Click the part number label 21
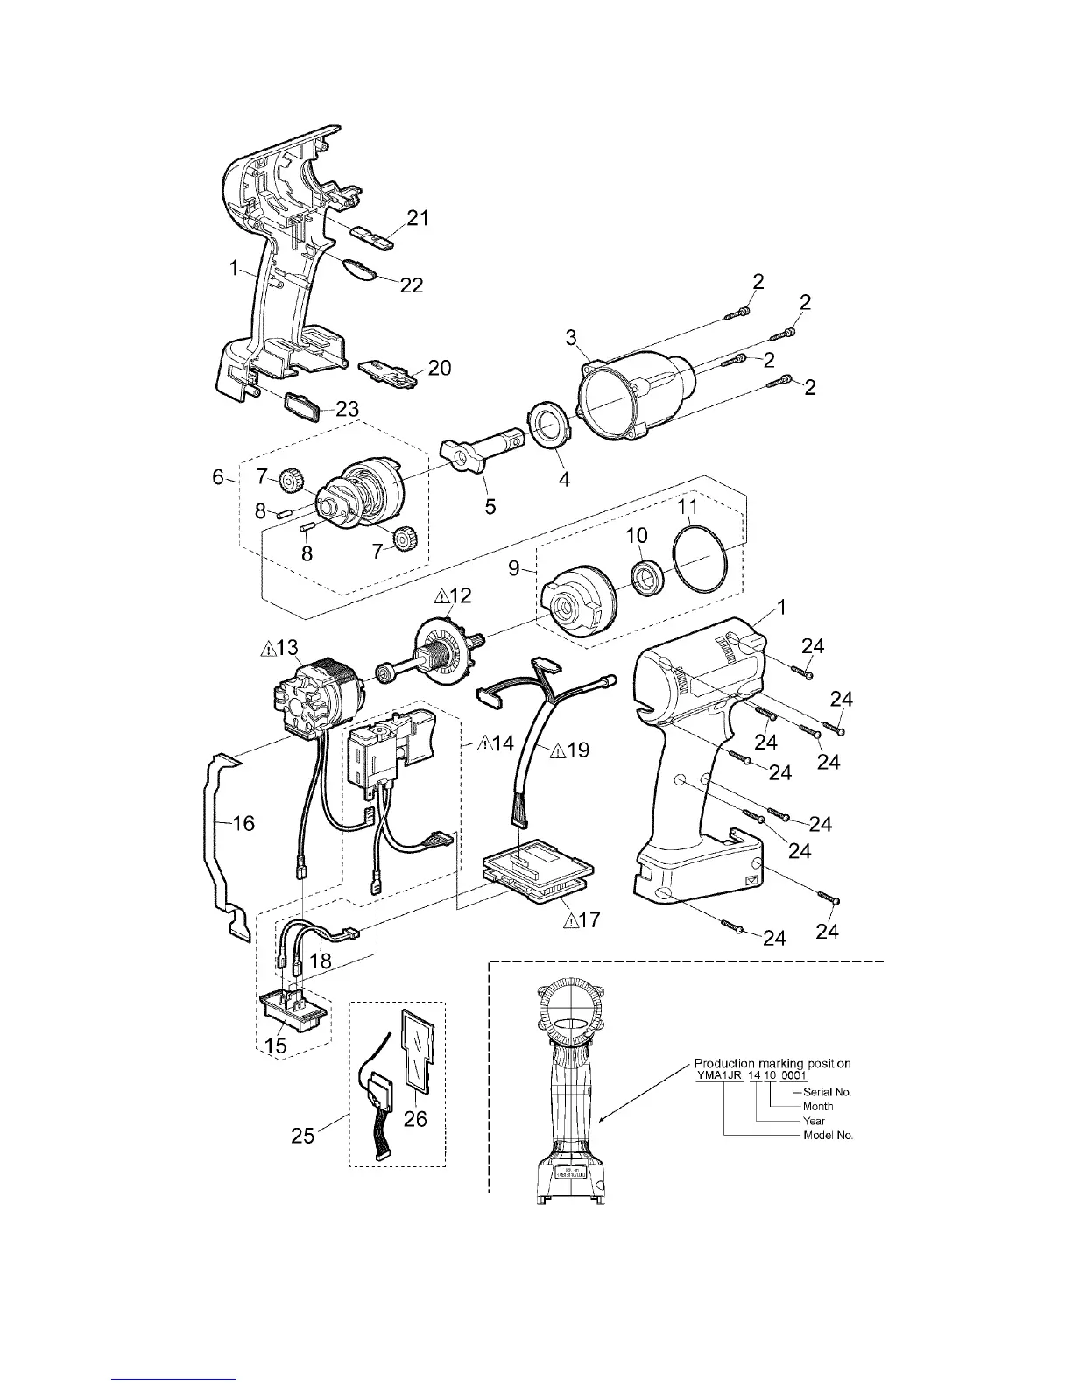click(418, 218)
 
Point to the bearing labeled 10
click(647, 579)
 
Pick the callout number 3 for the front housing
click(570, 337)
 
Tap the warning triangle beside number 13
click(267, 649)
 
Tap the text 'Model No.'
click(828, 1136)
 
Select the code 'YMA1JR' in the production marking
click(718, 1075)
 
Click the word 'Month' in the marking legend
click(818, 1107)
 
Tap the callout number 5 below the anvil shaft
click(490, 507)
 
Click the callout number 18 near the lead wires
click(321, 960)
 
